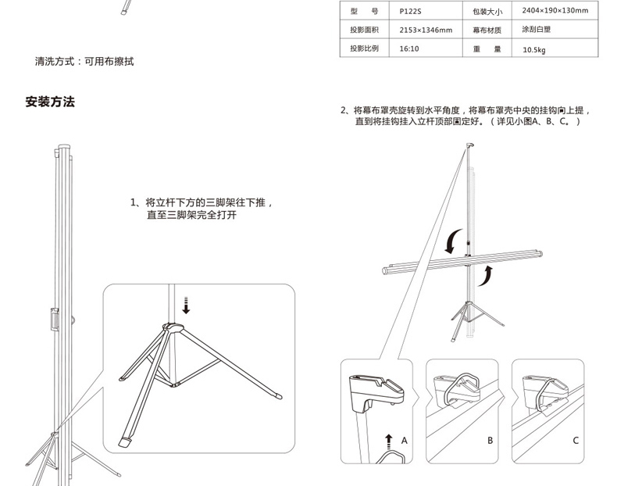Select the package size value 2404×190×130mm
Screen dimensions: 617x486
[x=555, y=11]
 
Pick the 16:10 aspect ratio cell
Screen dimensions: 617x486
[x=408, y=48]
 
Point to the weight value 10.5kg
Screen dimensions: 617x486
[x=534, y=49]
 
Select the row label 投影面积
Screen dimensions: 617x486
[x=364, y=30]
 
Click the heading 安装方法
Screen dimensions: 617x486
[x=50, y=102]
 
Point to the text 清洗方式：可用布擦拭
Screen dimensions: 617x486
[x=84, y=61]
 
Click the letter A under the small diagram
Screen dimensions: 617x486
[x=405, y=441]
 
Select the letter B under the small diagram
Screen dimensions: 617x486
[x=490, y=441]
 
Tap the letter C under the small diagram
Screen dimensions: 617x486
[x=576, y=441]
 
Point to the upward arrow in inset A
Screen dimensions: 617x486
[x=387, y=442]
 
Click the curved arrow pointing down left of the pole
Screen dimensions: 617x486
[x=451, y=243]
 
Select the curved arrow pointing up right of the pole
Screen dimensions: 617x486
[x=487, y=274]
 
